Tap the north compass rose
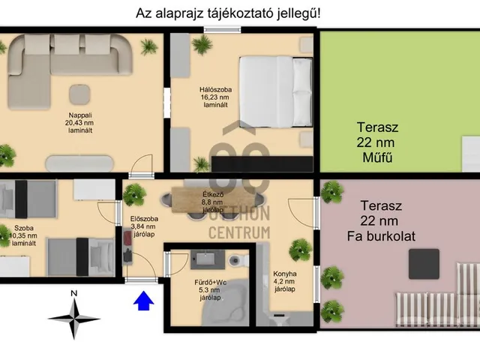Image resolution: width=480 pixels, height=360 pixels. click(x=73, y=314)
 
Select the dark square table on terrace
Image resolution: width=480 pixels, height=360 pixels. click(x=424, y=263)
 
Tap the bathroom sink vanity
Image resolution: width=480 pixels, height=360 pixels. click(x=202, y=259)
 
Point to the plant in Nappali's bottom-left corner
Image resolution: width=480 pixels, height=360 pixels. click(x=7, y=156)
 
